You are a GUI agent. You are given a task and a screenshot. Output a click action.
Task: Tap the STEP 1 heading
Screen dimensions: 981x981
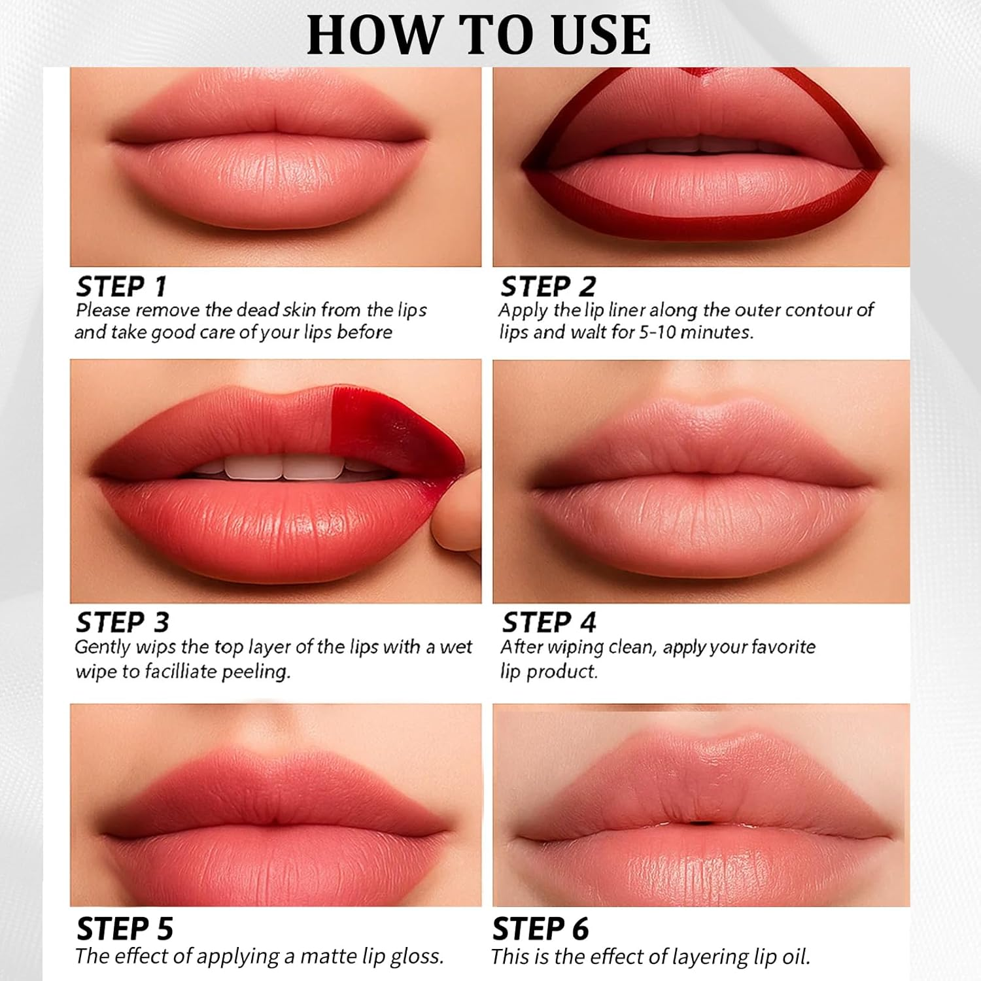coord(122,286)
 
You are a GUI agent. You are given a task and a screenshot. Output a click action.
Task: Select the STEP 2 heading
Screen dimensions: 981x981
coord(548,286)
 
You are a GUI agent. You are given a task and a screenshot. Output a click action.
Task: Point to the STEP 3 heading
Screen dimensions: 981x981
coord(123,622)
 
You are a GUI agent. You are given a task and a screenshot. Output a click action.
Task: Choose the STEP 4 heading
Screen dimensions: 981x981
coord(549,622)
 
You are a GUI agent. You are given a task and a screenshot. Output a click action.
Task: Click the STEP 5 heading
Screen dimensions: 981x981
coord(125,929)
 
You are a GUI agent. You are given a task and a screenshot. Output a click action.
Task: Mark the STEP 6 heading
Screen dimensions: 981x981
coord(540,929)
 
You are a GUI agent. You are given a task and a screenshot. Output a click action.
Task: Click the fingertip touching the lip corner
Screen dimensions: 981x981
coord(458,517)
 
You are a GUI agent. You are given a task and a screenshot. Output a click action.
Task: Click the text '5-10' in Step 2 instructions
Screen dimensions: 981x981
coord(657,332)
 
